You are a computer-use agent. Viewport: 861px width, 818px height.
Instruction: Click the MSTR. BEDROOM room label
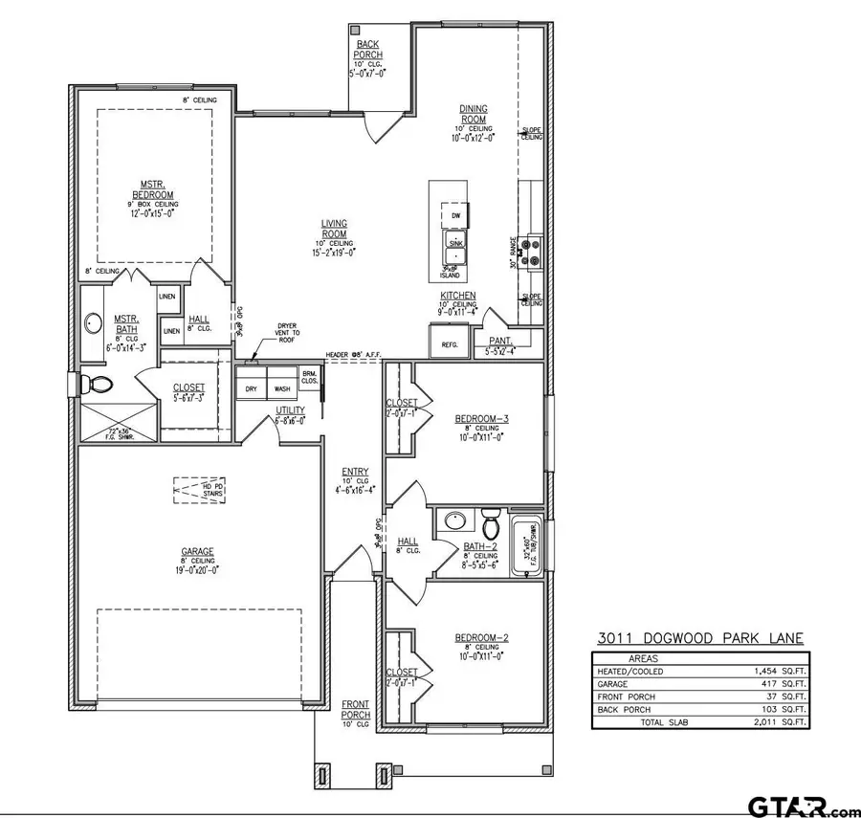click(152, 189)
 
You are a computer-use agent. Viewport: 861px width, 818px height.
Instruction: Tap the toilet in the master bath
click(97, 385)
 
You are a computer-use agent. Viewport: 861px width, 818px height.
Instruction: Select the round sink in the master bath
click(94, 323)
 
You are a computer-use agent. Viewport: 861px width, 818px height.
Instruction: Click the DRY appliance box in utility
click(252, 389)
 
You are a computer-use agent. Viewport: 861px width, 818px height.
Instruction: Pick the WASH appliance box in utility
click(282, 389)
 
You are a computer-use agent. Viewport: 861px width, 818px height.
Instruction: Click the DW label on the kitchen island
click(456, 216)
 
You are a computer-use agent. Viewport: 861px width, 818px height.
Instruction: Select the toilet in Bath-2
click(492, 525)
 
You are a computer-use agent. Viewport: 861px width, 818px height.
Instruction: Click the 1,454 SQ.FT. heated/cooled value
click(779, 672)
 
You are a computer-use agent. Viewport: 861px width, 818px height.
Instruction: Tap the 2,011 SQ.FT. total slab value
click(779, 722)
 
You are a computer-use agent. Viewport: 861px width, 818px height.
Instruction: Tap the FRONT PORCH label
click(355, 710)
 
